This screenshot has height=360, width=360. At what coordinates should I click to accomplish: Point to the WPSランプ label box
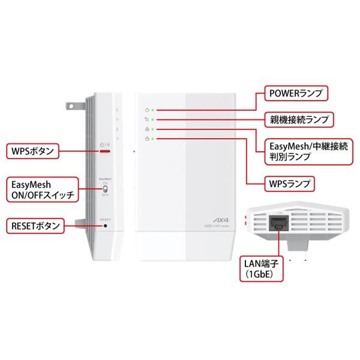pyautogui.click(x=292, y=181)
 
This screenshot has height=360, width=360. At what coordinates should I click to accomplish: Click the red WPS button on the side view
pyautogui.click(x=105, y=152)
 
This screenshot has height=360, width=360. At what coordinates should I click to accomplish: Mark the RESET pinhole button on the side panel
pyautogui.click(x=106, y=226)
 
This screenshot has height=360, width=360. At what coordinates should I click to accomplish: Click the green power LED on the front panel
pyautogui.click(x=154, y=110)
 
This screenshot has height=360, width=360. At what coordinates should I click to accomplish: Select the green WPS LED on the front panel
pyautogui.click(x=154, y=139)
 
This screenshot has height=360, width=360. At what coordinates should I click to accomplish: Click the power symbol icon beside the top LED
pyautogui.click(x=147, y=110)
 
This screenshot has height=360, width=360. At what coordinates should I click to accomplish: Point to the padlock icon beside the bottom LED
pyautogui.click(x=147, y=139)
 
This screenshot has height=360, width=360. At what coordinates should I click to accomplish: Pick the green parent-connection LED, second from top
pyautogui.click(x=154, y=120)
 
